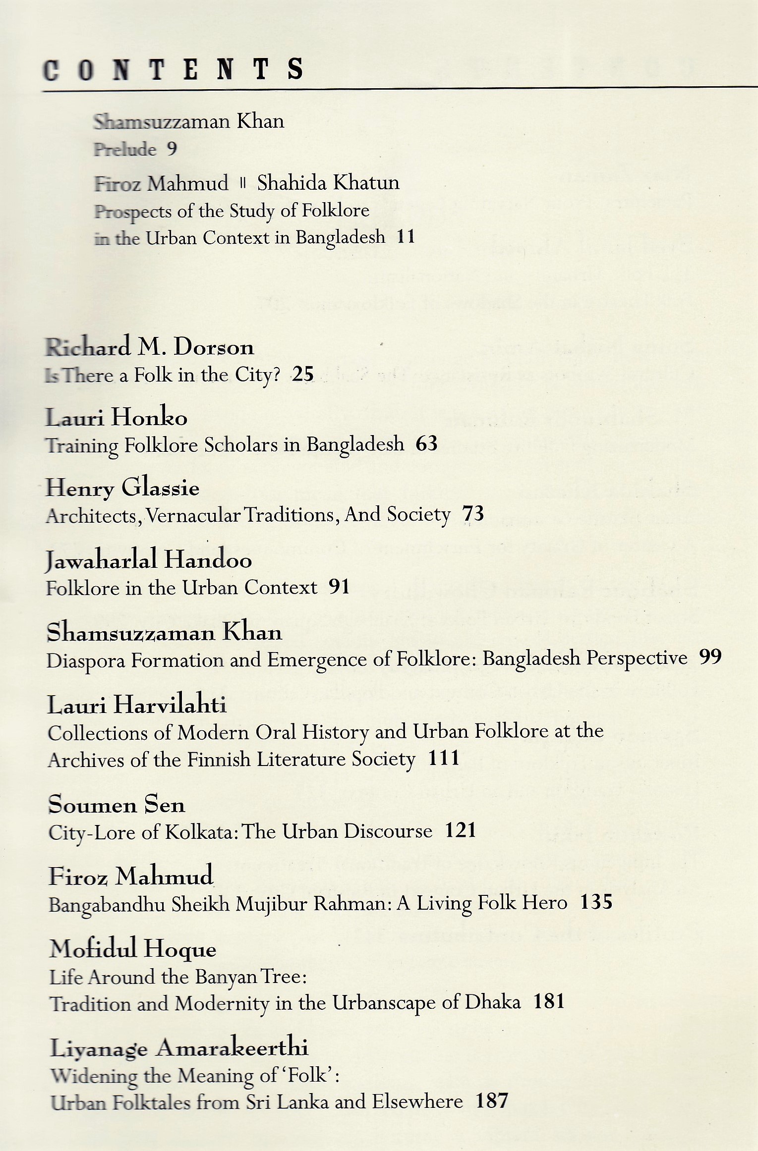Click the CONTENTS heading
point(173,69)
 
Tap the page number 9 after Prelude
point(172,149)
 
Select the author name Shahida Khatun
point(328,183)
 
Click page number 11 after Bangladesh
point(406,236)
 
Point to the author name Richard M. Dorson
point(150,347)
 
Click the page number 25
point(303,374)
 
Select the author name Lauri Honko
point(117,417)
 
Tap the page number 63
point(426,443)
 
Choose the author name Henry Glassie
point(122,488)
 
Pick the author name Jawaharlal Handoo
point(149,560)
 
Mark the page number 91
point(339,587)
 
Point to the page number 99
point(710,657)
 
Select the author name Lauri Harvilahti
point(137,704)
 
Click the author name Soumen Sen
point(117,804)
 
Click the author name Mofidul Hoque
point(133,949)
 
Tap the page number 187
point(492,1100)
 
